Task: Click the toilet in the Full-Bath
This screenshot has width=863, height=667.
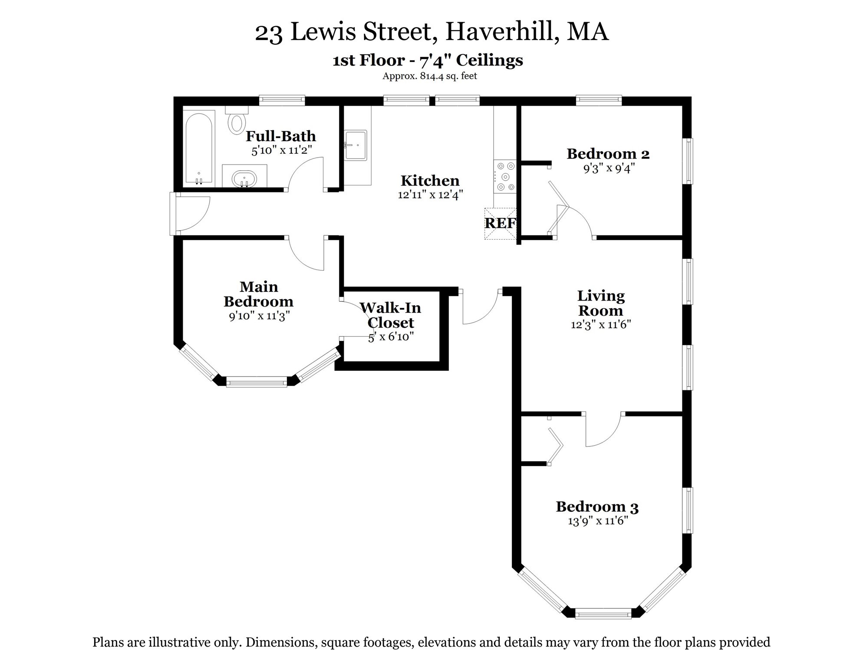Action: point(237,121)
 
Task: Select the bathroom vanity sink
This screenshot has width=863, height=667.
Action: point(244,178)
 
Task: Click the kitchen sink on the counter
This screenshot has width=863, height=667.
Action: point(356,145)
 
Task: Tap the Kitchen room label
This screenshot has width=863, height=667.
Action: point(430,181)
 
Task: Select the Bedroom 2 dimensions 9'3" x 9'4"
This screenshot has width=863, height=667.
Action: point(609,168)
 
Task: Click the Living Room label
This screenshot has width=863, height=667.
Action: point(601,303)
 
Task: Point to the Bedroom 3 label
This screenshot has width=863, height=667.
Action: point(597,507)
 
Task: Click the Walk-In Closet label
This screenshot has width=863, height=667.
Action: point(390,315)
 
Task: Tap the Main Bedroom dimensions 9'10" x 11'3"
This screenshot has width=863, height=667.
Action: point(259,316)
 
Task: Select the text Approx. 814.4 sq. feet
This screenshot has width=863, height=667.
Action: point(429,76)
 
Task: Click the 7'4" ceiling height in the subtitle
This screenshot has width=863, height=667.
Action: point(433,60)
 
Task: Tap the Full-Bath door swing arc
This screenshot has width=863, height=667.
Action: point(304,172)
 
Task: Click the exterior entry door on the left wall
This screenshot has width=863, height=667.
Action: point(191,214)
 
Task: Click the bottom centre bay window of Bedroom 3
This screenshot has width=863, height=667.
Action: point(603,614)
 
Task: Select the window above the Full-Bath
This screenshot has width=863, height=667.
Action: point(282,100)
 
